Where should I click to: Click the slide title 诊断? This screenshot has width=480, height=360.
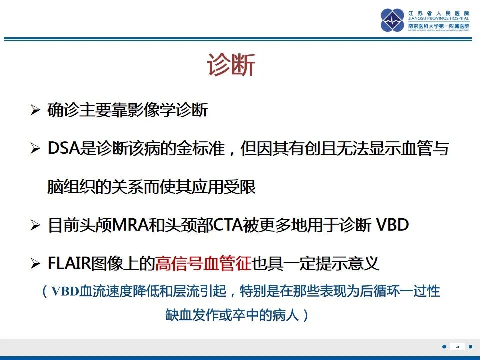[x=231, y=66]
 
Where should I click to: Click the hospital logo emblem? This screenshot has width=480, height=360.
[x=392, y=20]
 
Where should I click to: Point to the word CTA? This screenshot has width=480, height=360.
[x=228, y=225]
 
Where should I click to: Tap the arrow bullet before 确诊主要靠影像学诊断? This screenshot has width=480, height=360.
[x=35, y=110]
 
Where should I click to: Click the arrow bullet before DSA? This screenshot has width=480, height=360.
[x=35, y=149]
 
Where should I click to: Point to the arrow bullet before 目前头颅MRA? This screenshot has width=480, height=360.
[x=35, y=225]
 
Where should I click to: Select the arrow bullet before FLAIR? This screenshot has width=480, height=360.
[x=35, y=263]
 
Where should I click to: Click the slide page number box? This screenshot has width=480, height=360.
[x=457, y=346]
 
